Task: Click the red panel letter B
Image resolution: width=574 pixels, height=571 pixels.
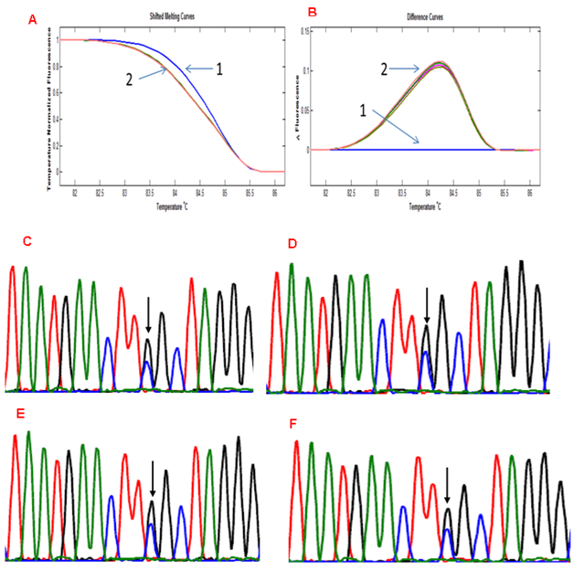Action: click(x=313, y=13)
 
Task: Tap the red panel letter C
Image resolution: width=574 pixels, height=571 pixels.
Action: click(x=27, y=241)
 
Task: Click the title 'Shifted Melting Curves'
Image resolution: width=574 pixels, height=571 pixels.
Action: click(x=171, y=16)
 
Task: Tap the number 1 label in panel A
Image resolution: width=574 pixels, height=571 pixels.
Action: click(x=219, y=69)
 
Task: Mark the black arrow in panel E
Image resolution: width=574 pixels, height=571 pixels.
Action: click(x=153, y=481)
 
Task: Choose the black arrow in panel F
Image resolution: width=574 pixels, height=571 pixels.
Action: click(x=447, y=485)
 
